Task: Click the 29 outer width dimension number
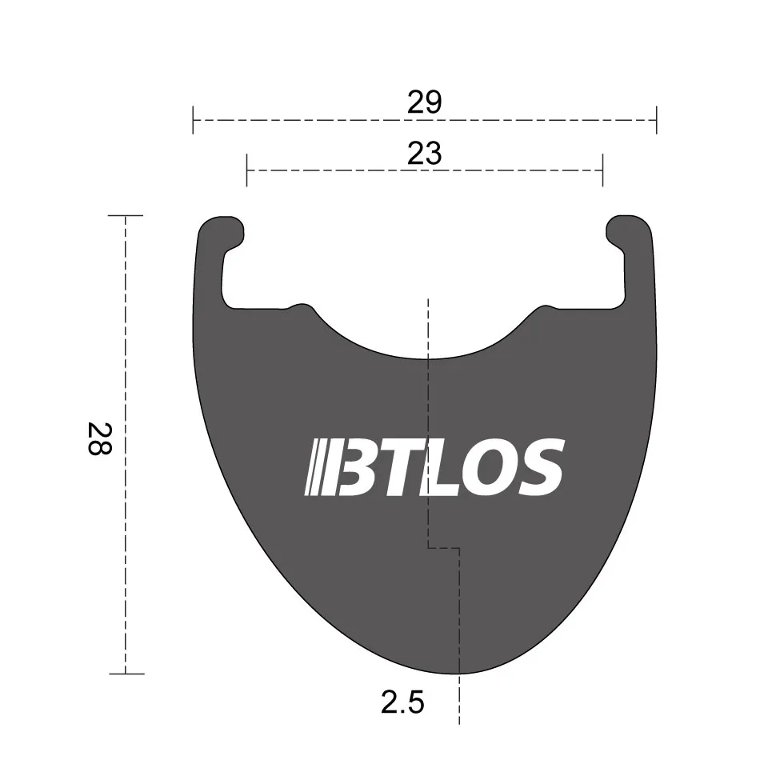(424, 102)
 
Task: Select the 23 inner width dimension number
(424, 153)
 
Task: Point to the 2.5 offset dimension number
(402, 703)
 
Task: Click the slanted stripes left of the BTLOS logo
(319, 466)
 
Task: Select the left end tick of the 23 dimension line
(246, 170)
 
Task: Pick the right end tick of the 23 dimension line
(602, 170)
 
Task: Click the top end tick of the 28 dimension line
(126, 216)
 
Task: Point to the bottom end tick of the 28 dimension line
(126, 674)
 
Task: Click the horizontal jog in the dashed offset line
(444, 549)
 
